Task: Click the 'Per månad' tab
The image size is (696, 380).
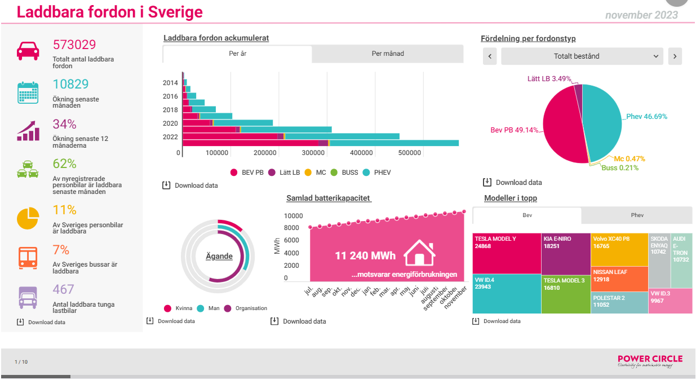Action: click(x=388, y=54)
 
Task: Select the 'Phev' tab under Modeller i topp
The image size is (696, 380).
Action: click(x=637, y=215)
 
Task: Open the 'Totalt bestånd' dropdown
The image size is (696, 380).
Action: click(x=582, y=56)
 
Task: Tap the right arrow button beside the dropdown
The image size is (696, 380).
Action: click(x=675, y=56)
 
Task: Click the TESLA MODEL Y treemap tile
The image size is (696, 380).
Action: click(x=507, y=253)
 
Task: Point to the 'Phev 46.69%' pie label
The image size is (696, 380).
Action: click(x=646, y=117)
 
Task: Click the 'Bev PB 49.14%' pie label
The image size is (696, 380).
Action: click(x=514, y=130)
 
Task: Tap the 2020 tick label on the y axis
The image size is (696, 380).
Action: click(x=170, y=123)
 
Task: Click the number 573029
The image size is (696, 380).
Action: click(x=74, y=45)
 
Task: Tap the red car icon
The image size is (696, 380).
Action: click(x=27, y=51)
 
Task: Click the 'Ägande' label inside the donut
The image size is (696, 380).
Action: click(x=219, y=257)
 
